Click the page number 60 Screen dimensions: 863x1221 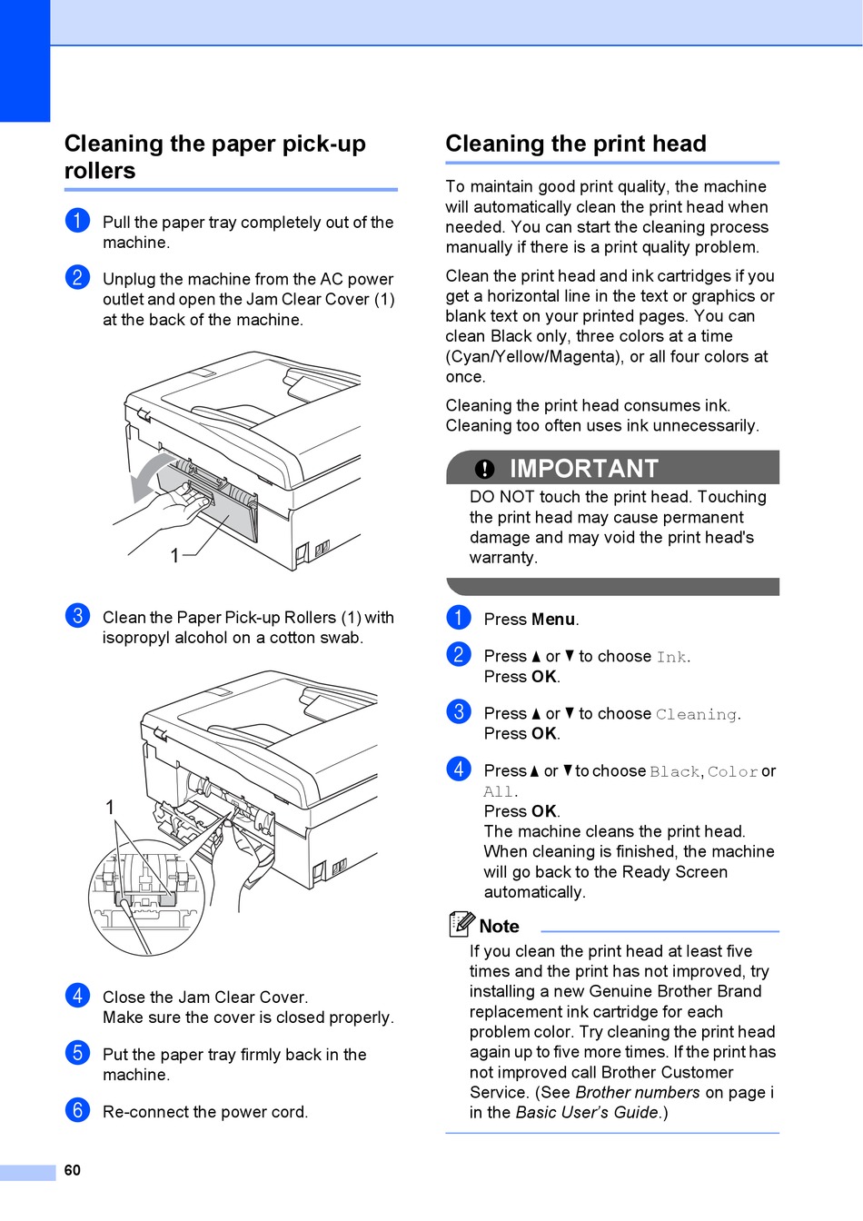pos(73,1170)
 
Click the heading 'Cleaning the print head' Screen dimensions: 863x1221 pos(575,144)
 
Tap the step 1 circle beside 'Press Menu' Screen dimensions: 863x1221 pos(459,618)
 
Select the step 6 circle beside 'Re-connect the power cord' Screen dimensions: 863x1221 pos(78,1110)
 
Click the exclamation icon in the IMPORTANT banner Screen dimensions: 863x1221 pos(485,469)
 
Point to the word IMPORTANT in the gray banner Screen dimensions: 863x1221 pos(583,469)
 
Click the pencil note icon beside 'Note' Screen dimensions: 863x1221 pos(461,924)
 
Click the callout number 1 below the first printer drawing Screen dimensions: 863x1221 pos(175,555)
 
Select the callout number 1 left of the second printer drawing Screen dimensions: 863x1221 pos(110,807)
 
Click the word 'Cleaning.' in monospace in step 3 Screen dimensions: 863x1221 pos(698,714)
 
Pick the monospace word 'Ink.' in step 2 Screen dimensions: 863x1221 pos(673,657)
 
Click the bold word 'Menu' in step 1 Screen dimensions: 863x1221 pos(554,620)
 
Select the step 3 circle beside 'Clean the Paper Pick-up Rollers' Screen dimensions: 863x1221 pos(78,616)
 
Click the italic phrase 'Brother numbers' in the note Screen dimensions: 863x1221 pos(638,1092)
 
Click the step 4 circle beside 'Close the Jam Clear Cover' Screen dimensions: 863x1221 pos(78,996)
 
